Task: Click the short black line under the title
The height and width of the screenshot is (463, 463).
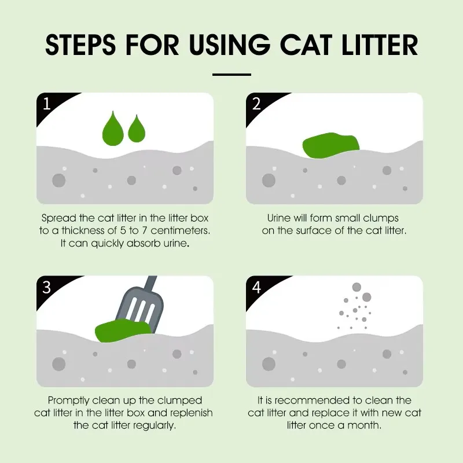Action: [231, 75]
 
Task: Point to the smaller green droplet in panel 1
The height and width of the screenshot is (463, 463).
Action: [137, 130]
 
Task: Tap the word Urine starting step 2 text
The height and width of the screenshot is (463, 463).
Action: [279, 219]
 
